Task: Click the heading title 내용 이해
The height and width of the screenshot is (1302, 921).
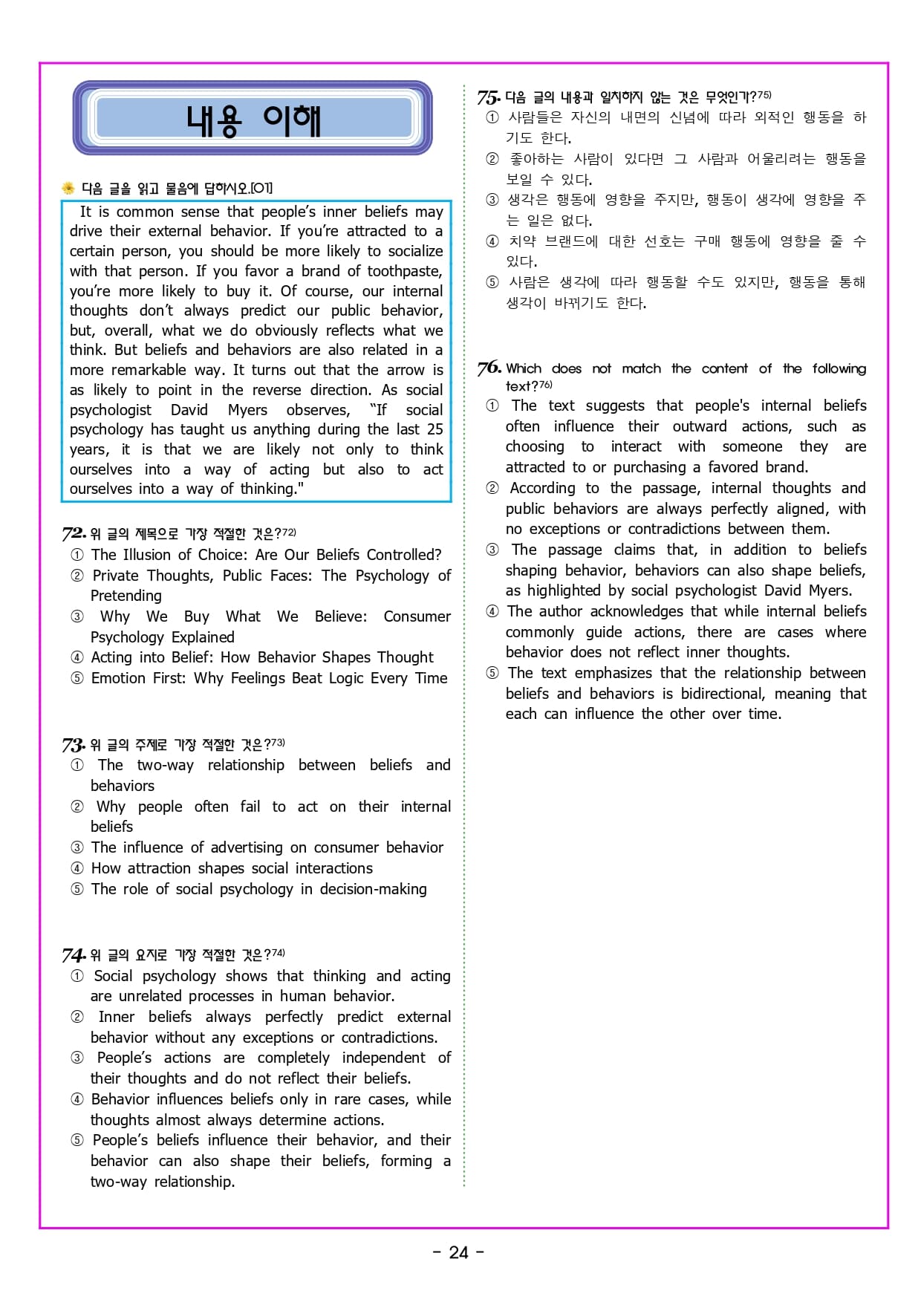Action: [253, 120]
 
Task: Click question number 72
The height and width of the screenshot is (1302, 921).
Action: [74, 533]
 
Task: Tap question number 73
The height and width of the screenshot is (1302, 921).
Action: [74, 744]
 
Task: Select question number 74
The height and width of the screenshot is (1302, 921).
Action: [74, 955]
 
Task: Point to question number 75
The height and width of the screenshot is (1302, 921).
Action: [488, 97]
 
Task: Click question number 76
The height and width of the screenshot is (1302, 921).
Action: [489, 368]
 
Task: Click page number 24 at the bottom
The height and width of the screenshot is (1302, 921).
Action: [459, 1253]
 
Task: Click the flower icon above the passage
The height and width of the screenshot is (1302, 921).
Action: [68, 188]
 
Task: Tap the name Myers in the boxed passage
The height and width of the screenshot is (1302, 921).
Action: [247, 410]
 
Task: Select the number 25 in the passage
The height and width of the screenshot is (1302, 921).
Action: [435, 429]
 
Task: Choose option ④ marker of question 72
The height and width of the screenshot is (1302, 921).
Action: [77, 657]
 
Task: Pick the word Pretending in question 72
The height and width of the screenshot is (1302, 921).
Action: [126, 596]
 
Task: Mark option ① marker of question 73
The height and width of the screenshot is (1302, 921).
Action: [77, 765]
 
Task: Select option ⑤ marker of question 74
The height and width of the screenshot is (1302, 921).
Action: [77, 1140]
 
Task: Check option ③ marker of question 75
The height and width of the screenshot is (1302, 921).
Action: [492, 200]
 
